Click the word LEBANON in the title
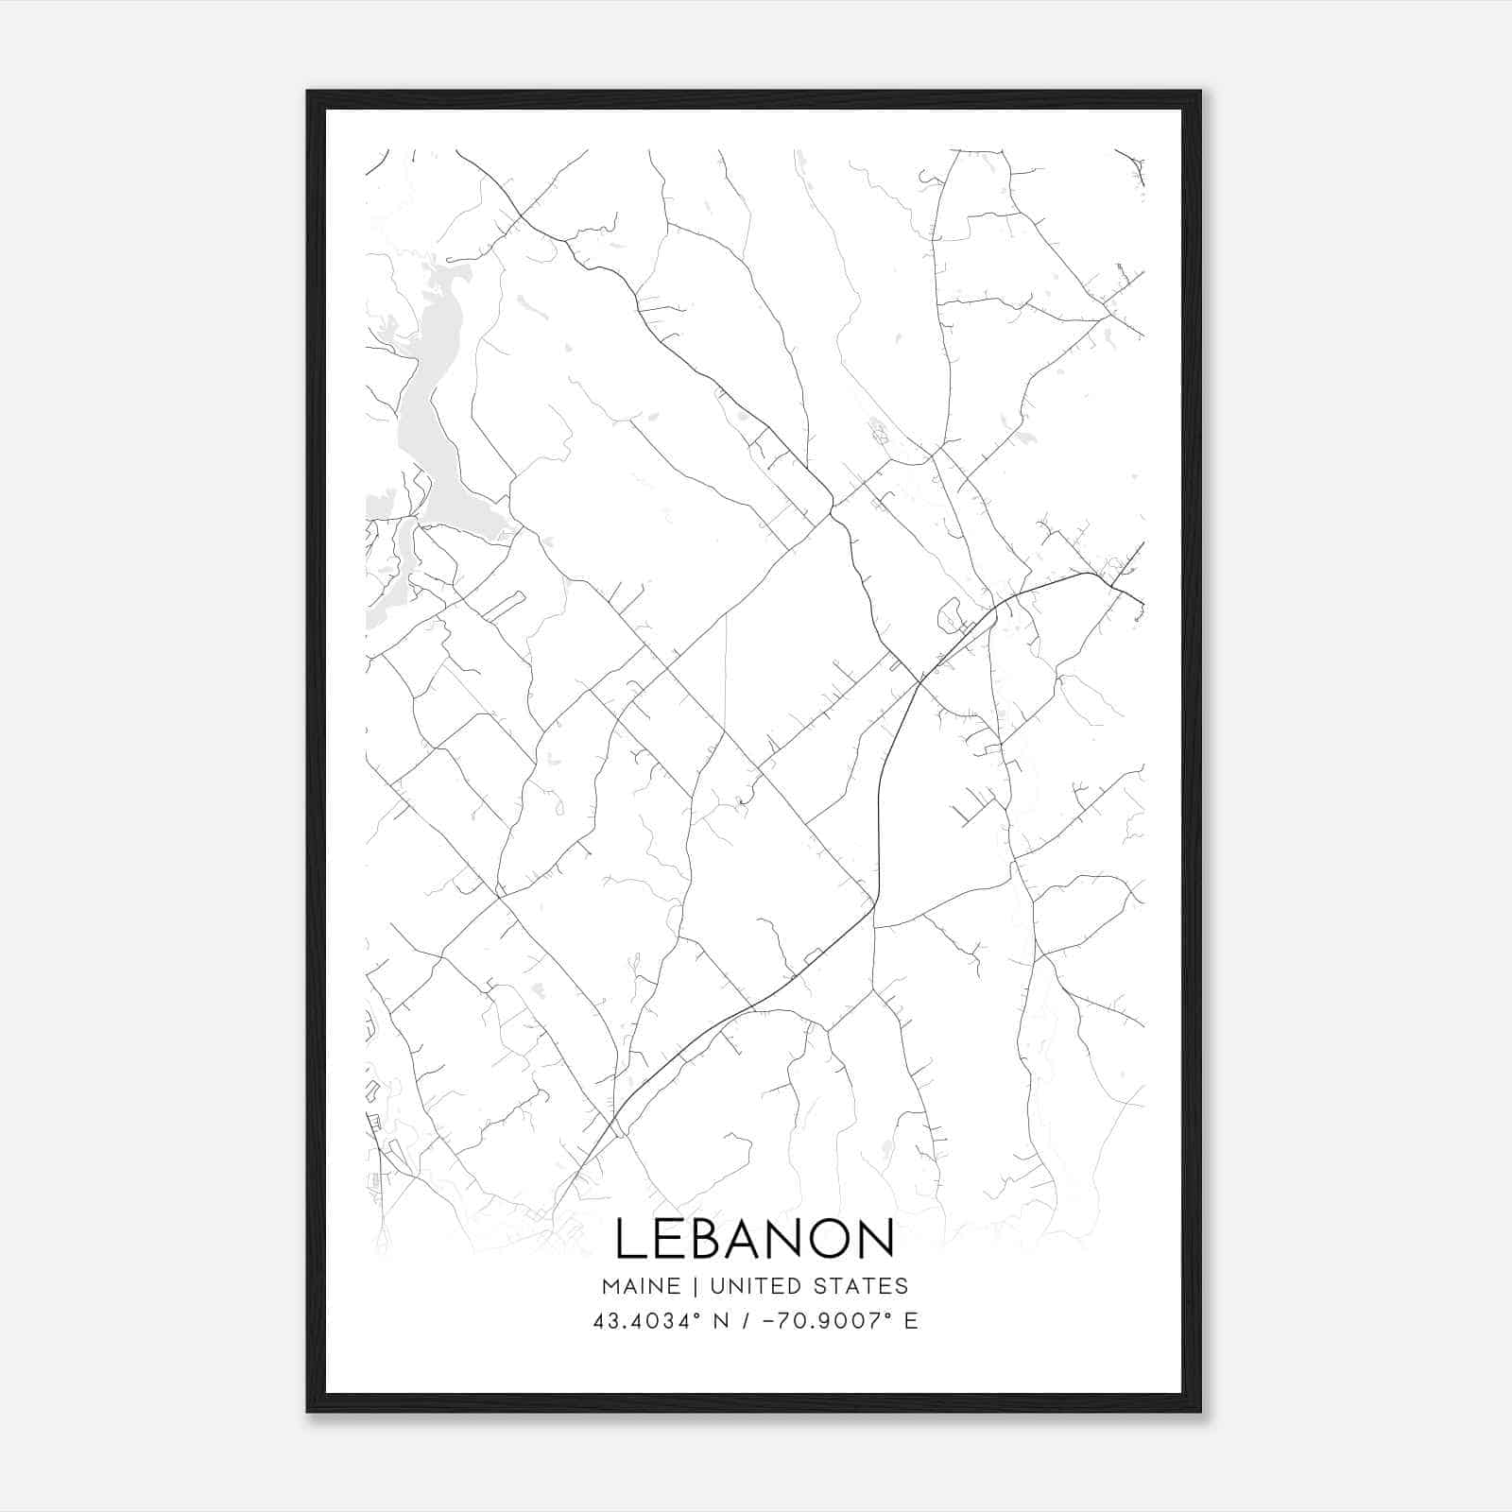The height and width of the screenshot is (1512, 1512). pyautogui.click(x=754, y=1238)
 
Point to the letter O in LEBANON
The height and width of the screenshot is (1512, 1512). pyautogui.click(x=823, y=1238)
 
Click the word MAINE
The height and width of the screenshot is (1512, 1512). pyautogui.click(x=640, y=1286)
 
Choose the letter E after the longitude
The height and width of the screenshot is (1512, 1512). pyautogui.click(x=911, y=1321)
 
